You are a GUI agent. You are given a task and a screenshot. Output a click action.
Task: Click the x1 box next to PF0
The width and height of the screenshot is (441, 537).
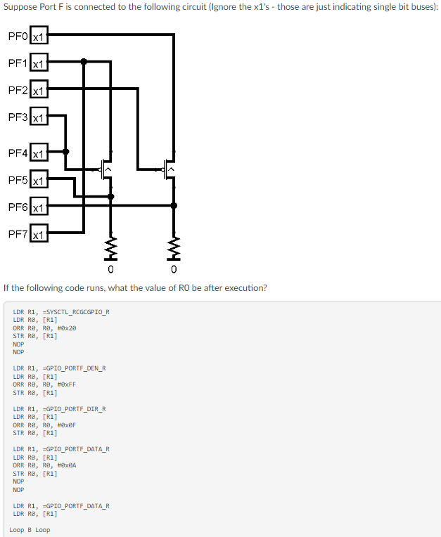39,36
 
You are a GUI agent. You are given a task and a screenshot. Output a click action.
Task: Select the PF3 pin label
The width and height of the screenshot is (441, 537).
18,117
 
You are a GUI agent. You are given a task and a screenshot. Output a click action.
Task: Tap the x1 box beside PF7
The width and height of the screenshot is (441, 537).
39,235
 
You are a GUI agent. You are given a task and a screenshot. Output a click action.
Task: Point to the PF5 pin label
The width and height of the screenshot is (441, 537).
18,180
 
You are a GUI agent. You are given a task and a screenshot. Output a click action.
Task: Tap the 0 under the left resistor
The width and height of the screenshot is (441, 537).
110,270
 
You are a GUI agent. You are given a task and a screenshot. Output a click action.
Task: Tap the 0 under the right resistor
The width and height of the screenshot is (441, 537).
174,270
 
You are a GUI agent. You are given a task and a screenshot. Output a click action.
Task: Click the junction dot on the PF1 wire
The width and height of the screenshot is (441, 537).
84,62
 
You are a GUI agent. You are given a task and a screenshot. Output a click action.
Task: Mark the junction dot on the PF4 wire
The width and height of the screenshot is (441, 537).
66,151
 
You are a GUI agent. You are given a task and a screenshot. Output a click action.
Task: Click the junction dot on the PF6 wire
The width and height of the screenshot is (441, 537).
174,205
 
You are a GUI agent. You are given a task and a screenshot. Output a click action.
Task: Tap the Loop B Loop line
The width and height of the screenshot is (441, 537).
30,529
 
